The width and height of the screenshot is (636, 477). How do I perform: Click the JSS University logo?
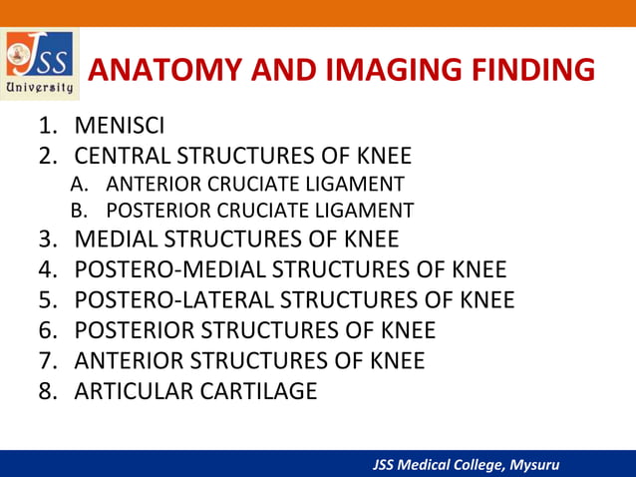click(40, 64)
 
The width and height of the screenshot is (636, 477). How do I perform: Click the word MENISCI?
click(120, 127)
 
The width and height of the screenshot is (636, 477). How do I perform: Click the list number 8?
click(47, 389)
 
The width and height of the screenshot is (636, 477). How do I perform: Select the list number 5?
click(47, 299)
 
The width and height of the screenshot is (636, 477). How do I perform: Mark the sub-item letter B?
click(79, 211)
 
